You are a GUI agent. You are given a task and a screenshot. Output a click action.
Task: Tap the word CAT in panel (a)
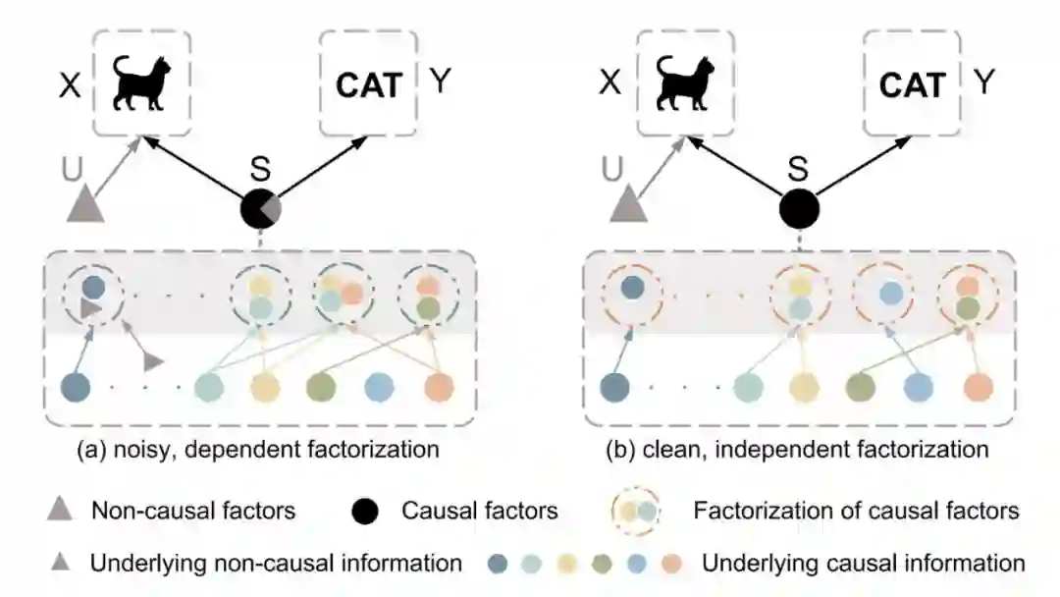click(369, 85)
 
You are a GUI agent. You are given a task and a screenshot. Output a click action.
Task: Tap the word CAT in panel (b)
click(911, 85)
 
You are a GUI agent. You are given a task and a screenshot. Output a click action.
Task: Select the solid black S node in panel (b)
click(798, 209)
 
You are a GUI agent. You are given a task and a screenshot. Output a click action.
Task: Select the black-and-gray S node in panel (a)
click(261, 209)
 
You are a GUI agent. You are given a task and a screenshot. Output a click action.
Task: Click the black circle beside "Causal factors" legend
click(364, 511)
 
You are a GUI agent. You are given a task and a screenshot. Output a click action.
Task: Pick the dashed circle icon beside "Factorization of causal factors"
click(636, 511)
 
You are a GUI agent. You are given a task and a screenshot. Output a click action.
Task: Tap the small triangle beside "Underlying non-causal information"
click(60, 564)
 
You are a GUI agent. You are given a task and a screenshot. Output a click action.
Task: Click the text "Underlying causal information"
click(864, 564)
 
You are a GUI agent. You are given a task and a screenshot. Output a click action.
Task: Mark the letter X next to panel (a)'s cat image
click(69, 84)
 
